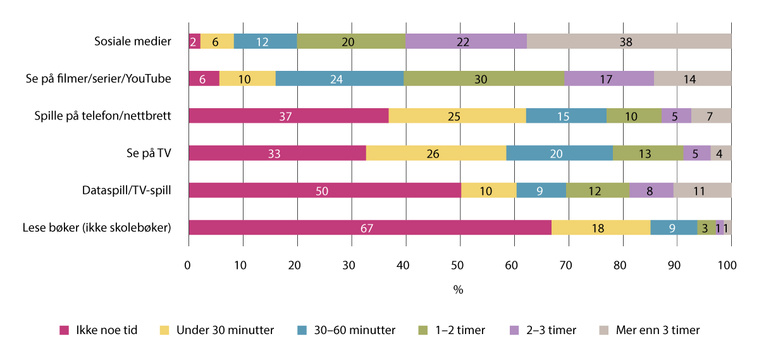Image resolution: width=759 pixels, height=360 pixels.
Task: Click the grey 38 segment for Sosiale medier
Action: [x=629, y=41]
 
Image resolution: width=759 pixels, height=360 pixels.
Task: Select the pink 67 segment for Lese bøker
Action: [x=369, y=228]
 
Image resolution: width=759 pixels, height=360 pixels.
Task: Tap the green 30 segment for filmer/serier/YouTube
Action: [x=483, y=78]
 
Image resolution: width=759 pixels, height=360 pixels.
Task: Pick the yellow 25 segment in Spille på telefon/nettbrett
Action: [x=457, y=116]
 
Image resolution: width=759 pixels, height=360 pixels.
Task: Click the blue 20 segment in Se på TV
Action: [x=559, y=153]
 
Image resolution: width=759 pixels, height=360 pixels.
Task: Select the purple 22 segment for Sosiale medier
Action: [x=466, y=41]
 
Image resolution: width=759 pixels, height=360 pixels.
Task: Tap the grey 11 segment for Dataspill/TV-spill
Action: [x=702, y=190]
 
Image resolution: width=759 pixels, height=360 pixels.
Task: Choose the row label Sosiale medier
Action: [x=132, y=42]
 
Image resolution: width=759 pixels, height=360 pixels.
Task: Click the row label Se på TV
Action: [x=149, y=153]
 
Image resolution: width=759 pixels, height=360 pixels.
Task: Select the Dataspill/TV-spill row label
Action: [x=126, y=190]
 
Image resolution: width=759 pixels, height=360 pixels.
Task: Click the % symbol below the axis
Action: [x=459, y=290]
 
